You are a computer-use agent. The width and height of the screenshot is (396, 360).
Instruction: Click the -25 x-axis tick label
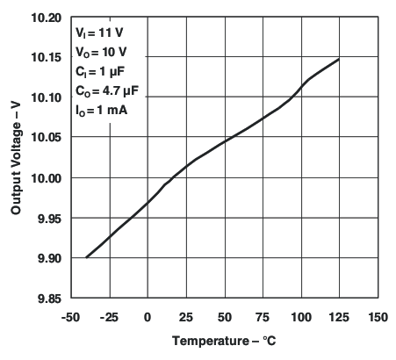click(x=109, y=316)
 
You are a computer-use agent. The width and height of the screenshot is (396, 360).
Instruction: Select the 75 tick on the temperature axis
click(x=263, y=316)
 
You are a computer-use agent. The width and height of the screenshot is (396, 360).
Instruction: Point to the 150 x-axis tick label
click(x=378, y=316)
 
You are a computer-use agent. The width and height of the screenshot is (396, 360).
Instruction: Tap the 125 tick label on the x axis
click(x=340, y=316)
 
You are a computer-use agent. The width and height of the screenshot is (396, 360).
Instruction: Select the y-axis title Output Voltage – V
click(x=17, y=158)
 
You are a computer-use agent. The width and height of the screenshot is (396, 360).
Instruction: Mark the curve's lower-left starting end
click(x=87, y=257)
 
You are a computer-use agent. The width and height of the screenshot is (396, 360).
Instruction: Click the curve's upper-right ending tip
click(x=339, y=60)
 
